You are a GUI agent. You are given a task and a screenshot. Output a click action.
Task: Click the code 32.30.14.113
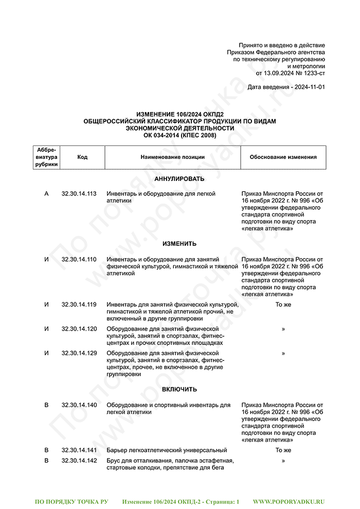click(x=79, y=194)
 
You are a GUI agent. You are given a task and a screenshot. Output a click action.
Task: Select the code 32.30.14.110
click(x=79, y=260)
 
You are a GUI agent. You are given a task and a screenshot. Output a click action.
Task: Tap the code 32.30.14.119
click(x=79, y=305)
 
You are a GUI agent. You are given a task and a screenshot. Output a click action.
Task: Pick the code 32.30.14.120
click(x=79, y=329)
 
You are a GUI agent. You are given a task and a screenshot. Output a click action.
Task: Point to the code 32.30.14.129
click(x=79, y=353)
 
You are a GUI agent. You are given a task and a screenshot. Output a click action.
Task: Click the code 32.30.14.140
click(x=79, y=405)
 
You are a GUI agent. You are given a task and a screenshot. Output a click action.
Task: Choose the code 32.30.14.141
click(x=79, y=450)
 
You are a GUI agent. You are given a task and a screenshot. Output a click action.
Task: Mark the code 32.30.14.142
click(x=79, y=461)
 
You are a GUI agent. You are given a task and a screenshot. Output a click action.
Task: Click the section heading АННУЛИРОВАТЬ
click(x=179, y=179)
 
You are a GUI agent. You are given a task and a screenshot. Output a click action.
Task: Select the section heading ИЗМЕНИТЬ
click(x=179, y=244)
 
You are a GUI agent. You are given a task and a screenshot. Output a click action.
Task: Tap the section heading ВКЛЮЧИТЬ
click(x=179, y=390)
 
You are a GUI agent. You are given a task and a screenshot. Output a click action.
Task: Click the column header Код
click(x=82, y=157)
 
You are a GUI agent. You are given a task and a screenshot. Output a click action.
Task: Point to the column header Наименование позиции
click(x=173, y=157)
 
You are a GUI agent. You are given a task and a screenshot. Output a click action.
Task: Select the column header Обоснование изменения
click(x=283, y=157)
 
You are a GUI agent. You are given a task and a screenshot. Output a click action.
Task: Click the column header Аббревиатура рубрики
click(x=47, y=157)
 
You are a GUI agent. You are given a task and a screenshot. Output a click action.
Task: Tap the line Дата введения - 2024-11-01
click(x=286, y=87)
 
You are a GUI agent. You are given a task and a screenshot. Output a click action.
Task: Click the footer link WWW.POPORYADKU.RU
click(x=289, y=501)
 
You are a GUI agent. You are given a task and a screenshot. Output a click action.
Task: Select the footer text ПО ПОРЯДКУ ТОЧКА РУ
click(x=71, y=501)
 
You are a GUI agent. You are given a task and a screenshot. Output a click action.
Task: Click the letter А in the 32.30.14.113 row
click(x=47, y=194)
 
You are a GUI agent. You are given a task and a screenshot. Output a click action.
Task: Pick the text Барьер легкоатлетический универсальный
click(x=167, y=450)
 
